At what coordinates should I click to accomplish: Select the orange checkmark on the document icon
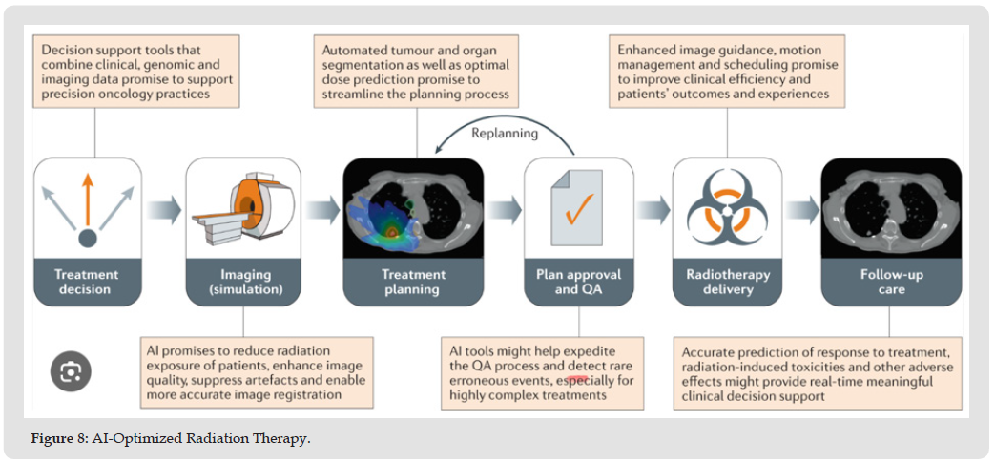pyautogui.click(x=579, y=209)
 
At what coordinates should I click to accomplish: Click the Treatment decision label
pyautogui.click(x=87, y=283)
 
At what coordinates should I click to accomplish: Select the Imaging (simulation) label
pyautogui.click(x=244, y=283)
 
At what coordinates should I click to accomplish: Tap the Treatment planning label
pyautogui.click(x=413, y=283)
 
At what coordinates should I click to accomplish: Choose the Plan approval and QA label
pyautogui.click(x=578, y=283)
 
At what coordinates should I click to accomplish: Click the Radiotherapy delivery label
pyautogui.click(x=728, y=283)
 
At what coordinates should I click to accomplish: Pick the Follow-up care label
pyautogui.click(x=891, y=283)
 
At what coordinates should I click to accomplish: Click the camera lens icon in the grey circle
pyautogui.click(x=71, y=370)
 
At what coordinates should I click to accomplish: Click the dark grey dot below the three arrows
pyautogui.click(x=88, y=238)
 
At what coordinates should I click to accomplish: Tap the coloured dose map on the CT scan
pyautogui.click(x=383, y=219)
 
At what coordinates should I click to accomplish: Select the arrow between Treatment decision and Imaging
pyautogui.click(x=163, y=210)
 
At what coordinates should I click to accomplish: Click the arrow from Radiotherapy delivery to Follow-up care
pyautogui.click(x=801, y=210)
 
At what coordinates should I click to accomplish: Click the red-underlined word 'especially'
pyautogui.click(x=578, y=382)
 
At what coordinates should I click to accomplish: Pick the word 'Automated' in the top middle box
pyautogui.click(x=349, y=50)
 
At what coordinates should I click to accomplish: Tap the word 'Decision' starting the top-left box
pyautogui.click(x=63, y=50)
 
